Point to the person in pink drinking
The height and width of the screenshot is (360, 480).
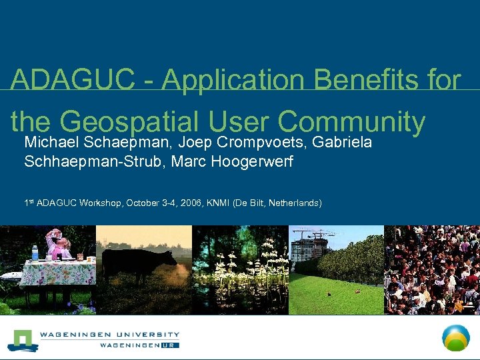(x=56, y=243)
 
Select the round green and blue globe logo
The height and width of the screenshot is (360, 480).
(x=457, y=337)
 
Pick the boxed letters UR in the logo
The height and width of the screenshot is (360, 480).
(x=171, y=345)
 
